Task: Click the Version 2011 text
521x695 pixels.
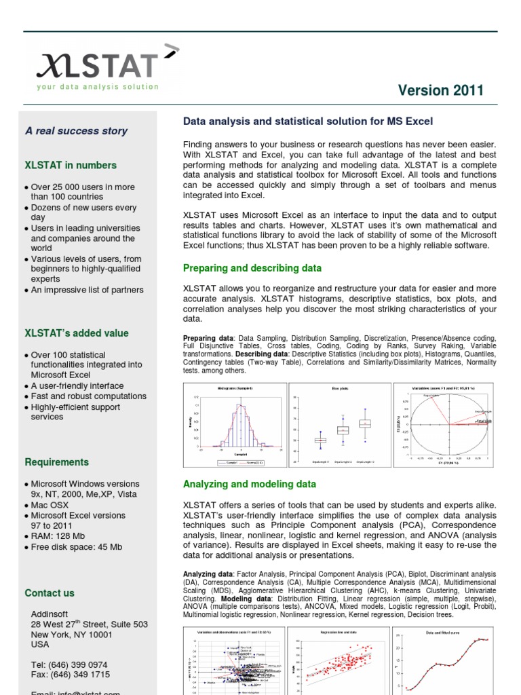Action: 441,90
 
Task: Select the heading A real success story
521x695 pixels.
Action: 76,131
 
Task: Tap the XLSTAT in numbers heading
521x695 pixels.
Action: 71,165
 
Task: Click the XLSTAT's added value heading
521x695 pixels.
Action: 77,333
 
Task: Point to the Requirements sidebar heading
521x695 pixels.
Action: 57,462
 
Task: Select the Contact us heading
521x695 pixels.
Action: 50,593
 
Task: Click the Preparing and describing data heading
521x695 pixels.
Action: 252,268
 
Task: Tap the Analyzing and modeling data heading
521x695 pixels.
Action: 250,484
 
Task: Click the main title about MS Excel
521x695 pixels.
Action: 308,121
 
